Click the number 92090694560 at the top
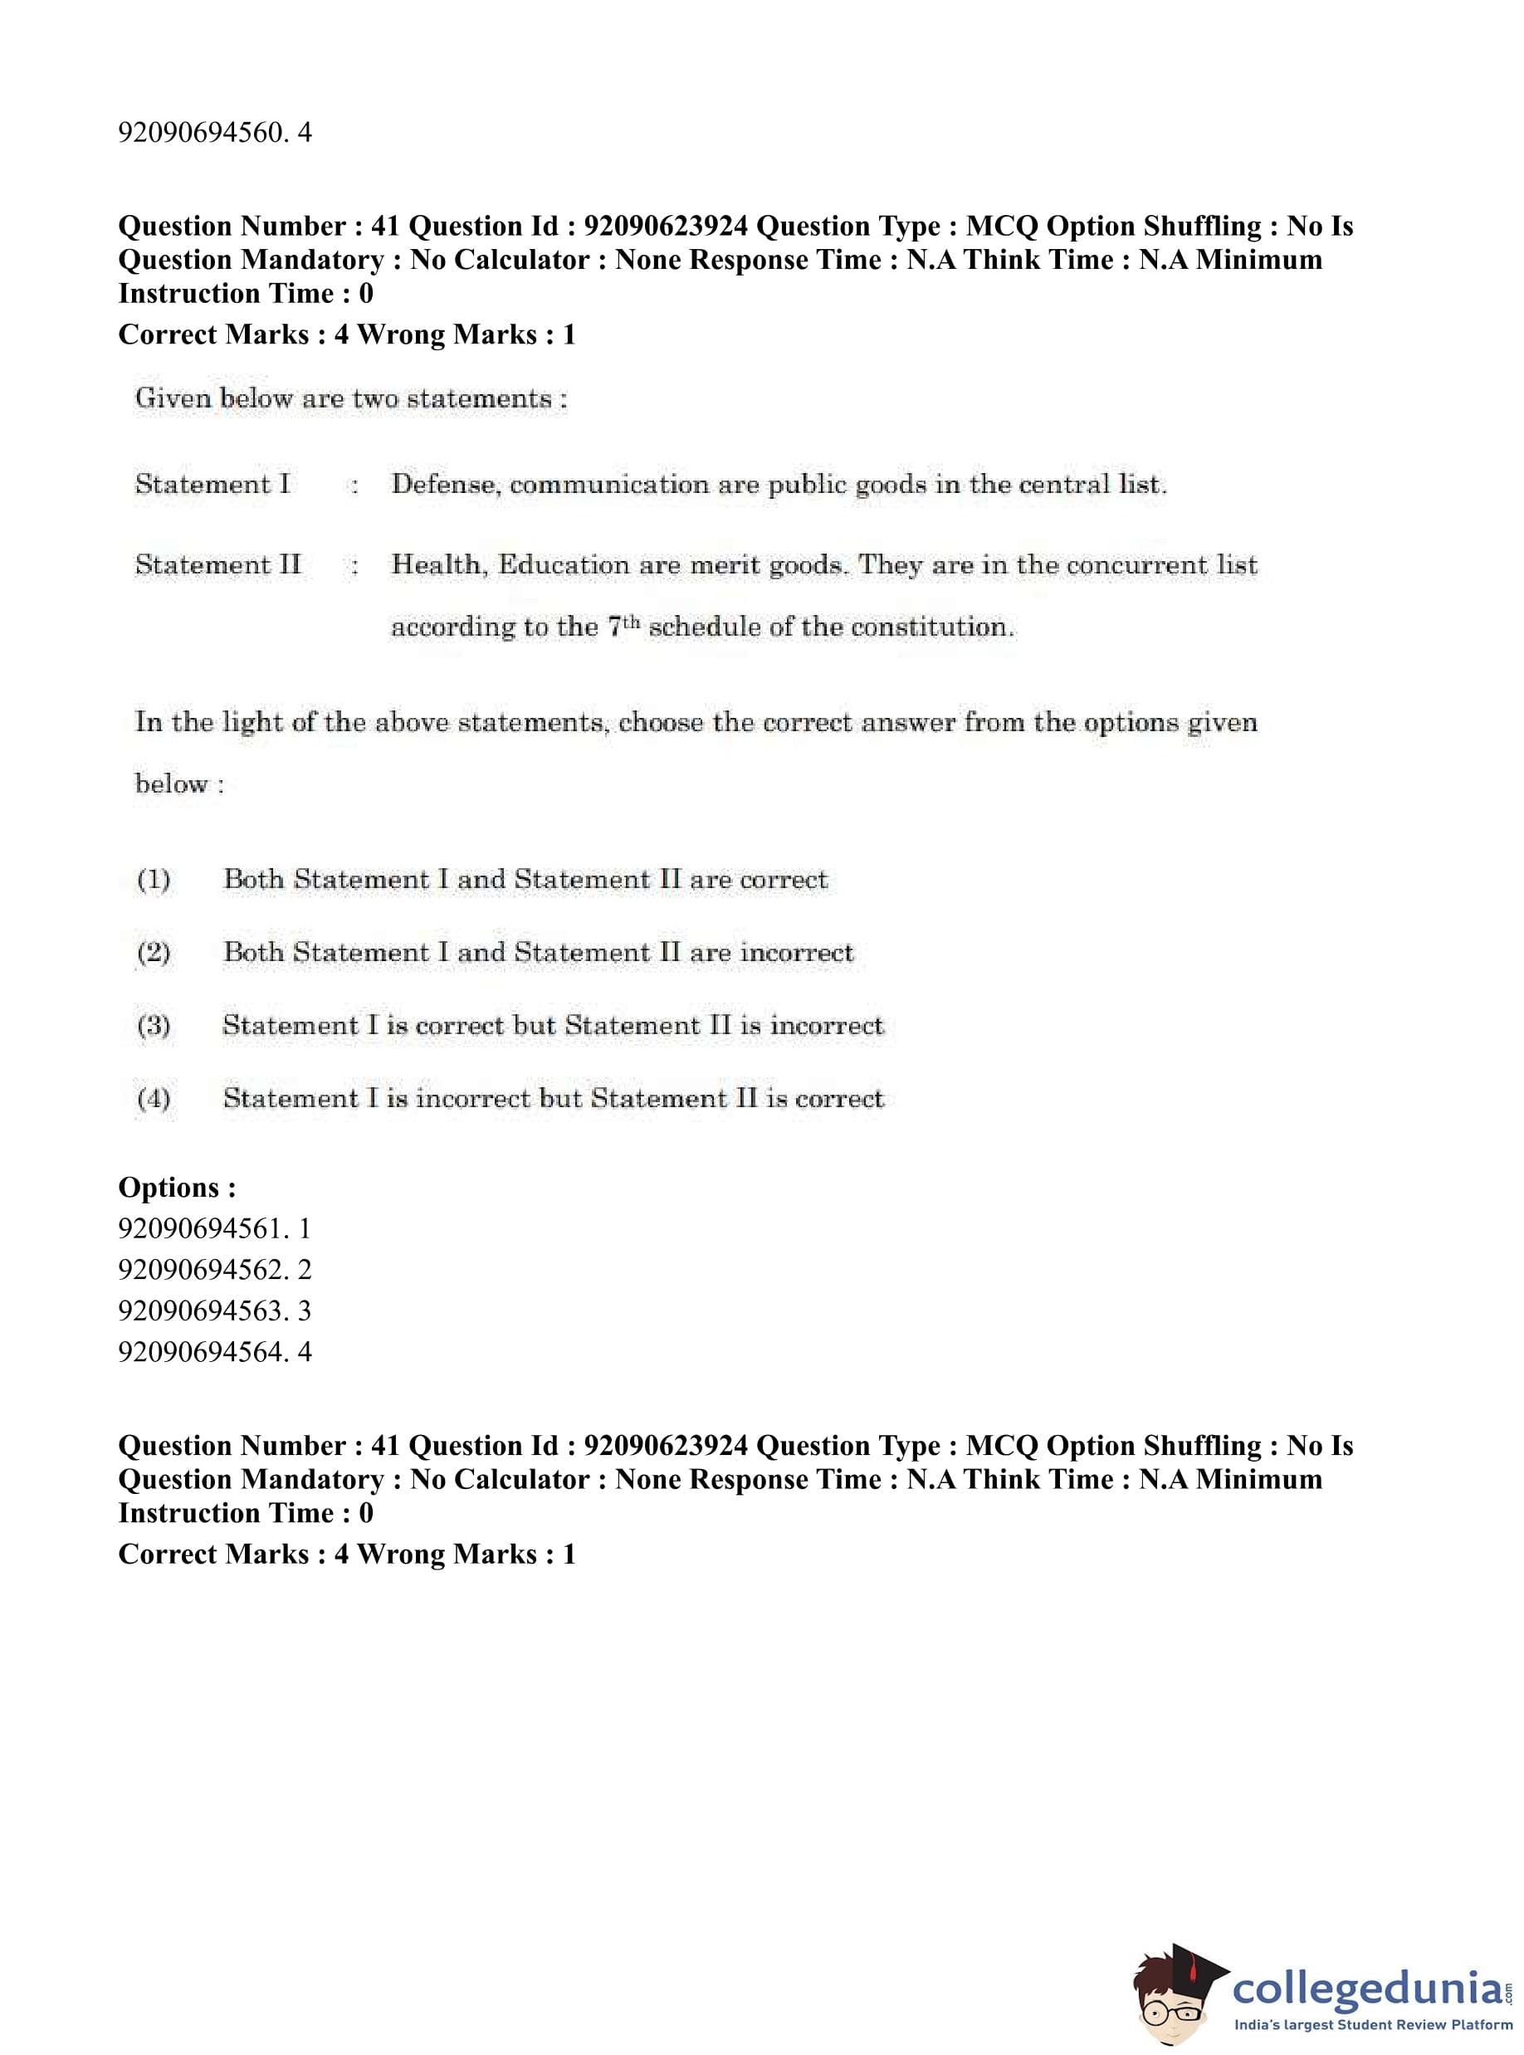point(201,133)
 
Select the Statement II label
point(217,564)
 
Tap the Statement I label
point(212,484)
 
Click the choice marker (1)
point(153,879)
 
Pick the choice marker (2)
point(153,952)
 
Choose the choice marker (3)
point(153,1026)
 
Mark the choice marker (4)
point(153,1099)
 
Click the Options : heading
point(177,1187)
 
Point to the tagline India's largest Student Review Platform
point(1373,2023)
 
